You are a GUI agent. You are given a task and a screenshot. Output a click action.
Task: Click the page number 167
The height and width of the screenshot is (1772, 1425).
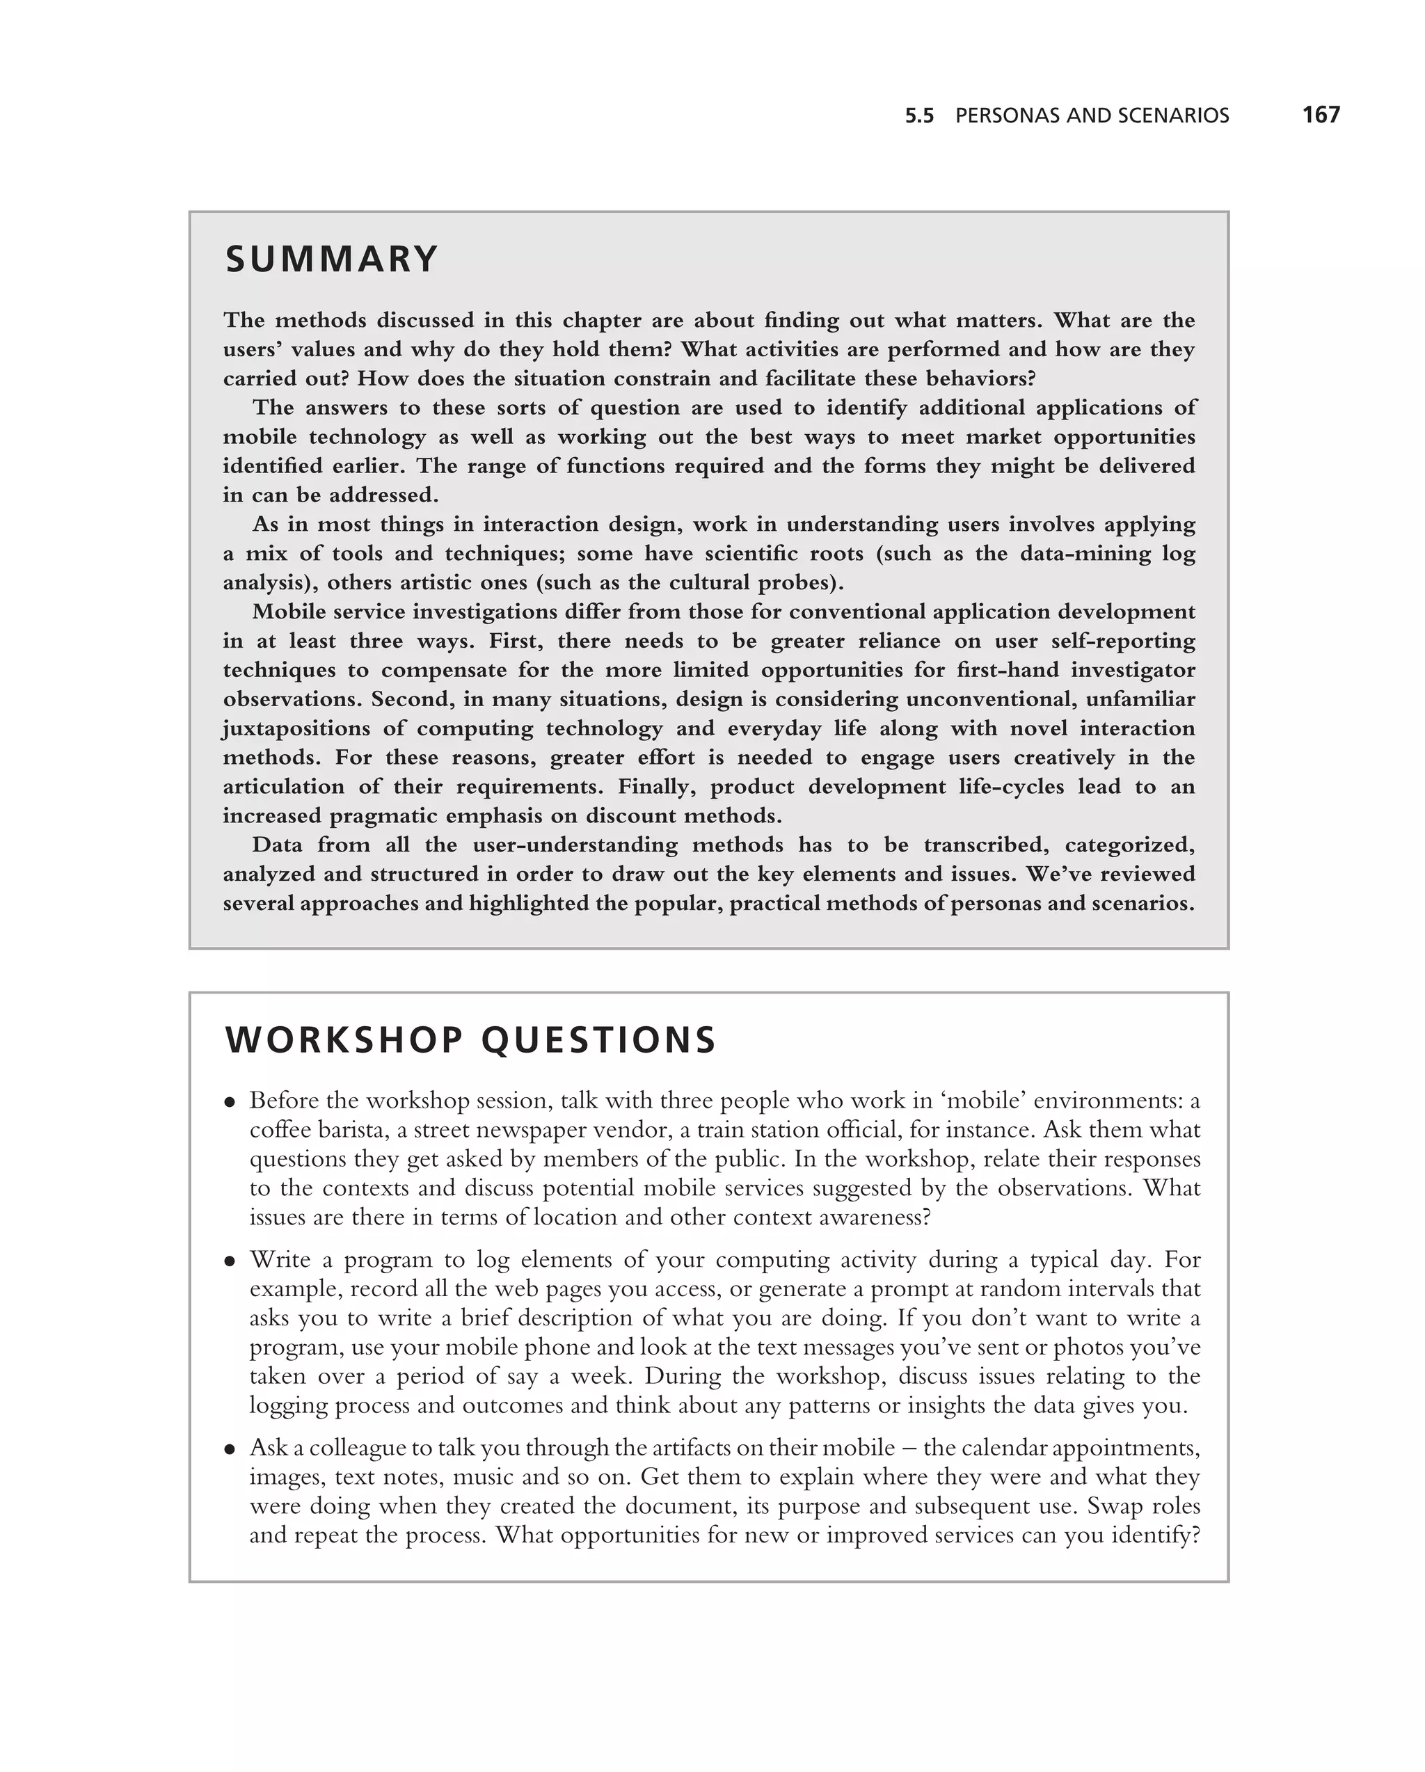[1320, 114]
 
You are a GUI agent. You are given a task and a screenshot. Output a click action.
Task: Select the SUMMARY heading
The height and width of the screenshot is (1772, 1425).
[332, 259]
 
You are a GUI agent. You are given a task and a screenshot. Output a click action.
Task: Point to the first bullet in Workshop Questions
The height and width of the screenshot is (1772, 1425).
[231, 1102]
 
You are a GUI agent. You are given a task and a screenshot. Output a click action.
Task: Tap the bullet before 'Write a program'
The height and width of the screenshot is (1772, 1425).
[231, 1261]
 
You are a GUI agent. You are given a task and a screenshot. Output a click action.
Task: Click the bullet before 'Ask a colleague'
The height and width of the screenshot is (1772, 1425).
[231, 1449]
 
